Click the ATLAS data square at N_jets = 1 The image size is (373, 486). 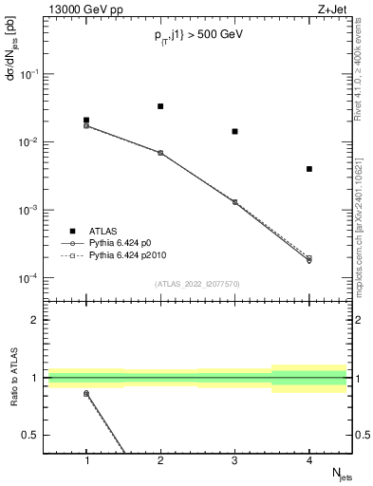click(x=86, y=121)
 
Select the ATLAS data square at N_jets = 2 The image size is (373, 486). click(x=160, y=106)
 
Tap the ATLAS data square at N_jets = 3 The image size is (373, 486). click(x=234, y=132)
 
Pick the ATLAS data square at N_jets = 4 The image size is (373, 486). click(x=309, y=169)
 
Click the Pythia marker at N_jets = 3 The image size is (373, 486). click(x=234, y=202)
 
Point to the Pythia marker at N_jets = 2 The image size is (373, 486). click(x=160, y=153)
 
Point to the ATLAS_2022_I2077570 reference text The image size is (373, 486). click(x=197, y=283)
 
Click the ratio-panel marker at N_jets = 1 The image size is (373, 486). click(x=86, y=393)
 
